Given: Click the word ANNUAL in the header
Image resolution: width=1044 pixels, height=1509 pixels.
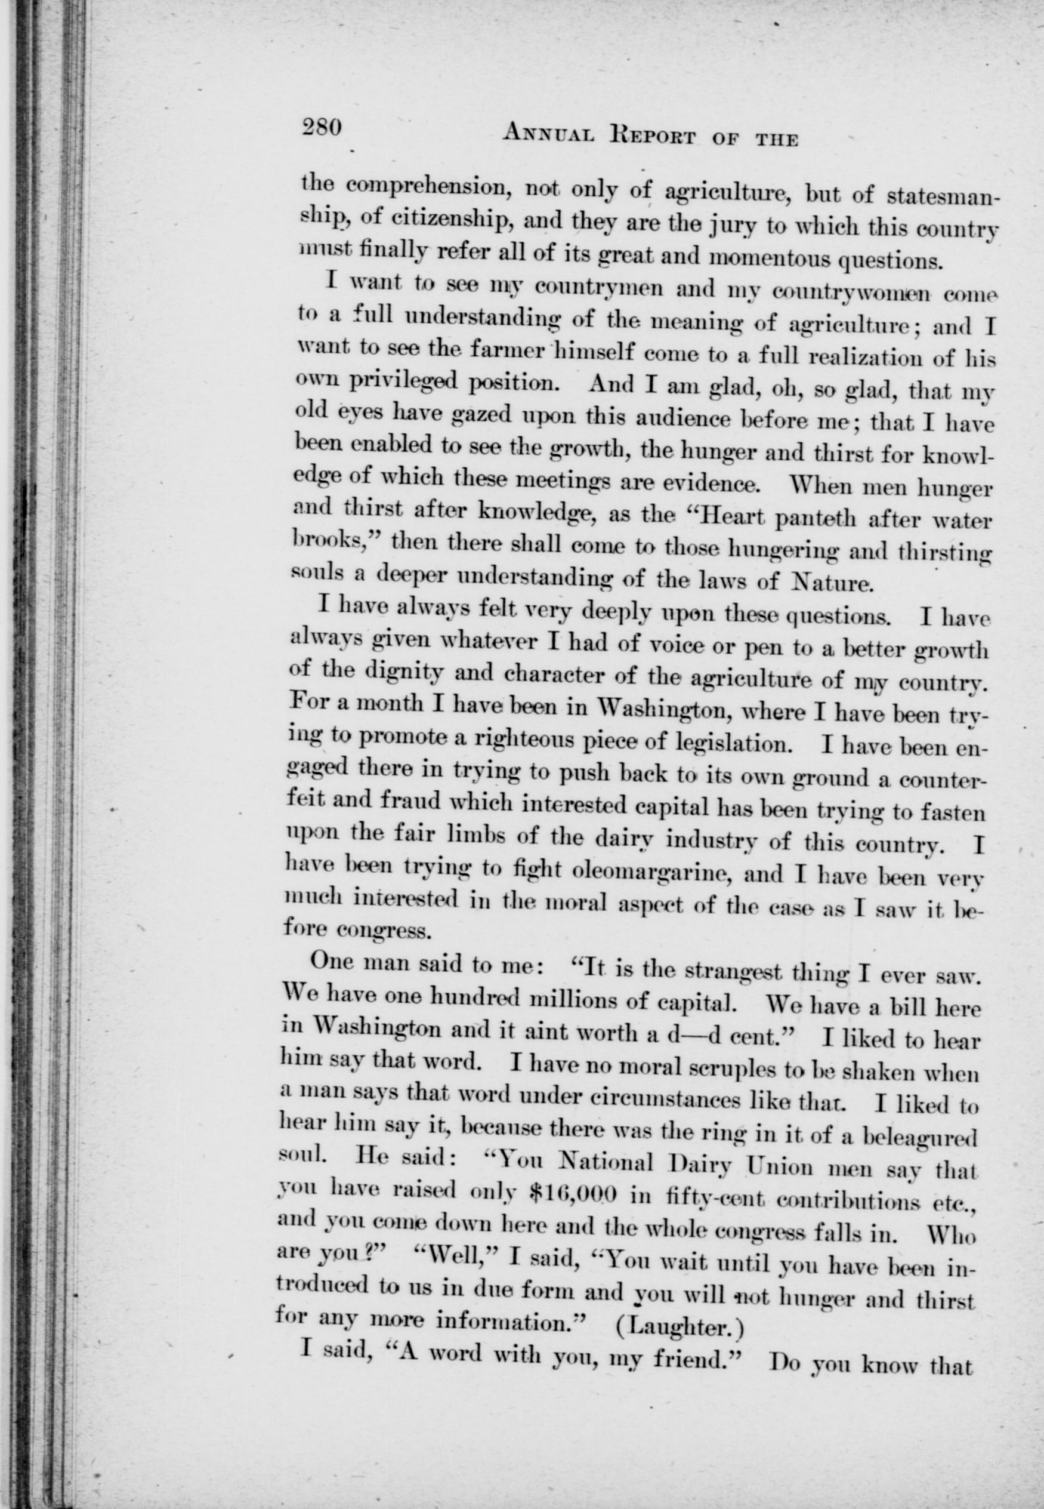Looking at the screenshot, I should click(x=549, y=135).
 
